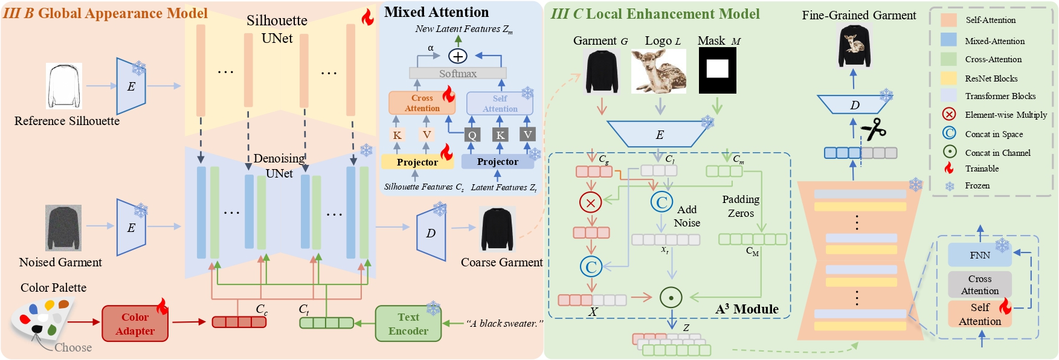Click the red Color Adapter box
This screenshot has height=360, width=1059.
(x=135, y=324)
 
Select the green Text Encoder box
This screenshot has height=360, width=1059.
(x=408, y=324)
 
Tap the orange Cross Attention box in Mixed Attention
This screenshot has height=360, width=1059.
(x=422, y=103)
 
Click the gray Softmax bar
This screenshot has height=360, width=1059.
(x=457, y=73)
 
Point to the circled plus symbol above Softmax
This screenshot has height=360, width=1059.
(x=458, y=56)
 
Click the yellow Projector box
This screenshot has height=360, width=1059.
(x=417, y=162)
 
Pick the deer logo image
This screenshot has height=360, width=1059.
(x=658, y=71)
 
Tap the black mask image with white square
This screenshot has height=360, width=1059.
(x=717, y=71)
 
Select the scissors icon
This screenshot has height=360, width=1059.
(x=874, y=129)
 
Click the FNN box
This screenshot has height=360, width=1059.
(x=979, y=255)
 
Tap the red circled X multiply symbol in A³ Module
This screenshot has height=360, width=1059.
(x=590, y=203)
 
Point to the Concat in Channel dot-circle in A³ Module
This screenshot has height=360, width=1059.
(x=671, y=297)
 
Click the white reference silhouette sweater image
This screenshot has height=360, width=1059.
(x=64, y=86)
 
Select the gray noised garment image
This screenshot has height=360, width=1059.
(x=63, y=228)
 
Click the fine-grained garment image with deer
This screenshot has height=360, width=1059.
(x=854, y=47)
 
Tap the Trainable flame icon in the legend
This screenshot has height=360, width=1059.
(x=949, y=169)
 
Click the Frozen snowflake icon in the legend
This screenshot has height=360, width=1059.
(x=950, y=186)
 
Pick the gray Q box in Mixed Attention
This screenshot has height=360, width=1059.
(x=472, y=135)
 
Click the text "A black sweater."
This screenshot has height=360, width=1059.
(x=504, y=324)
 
